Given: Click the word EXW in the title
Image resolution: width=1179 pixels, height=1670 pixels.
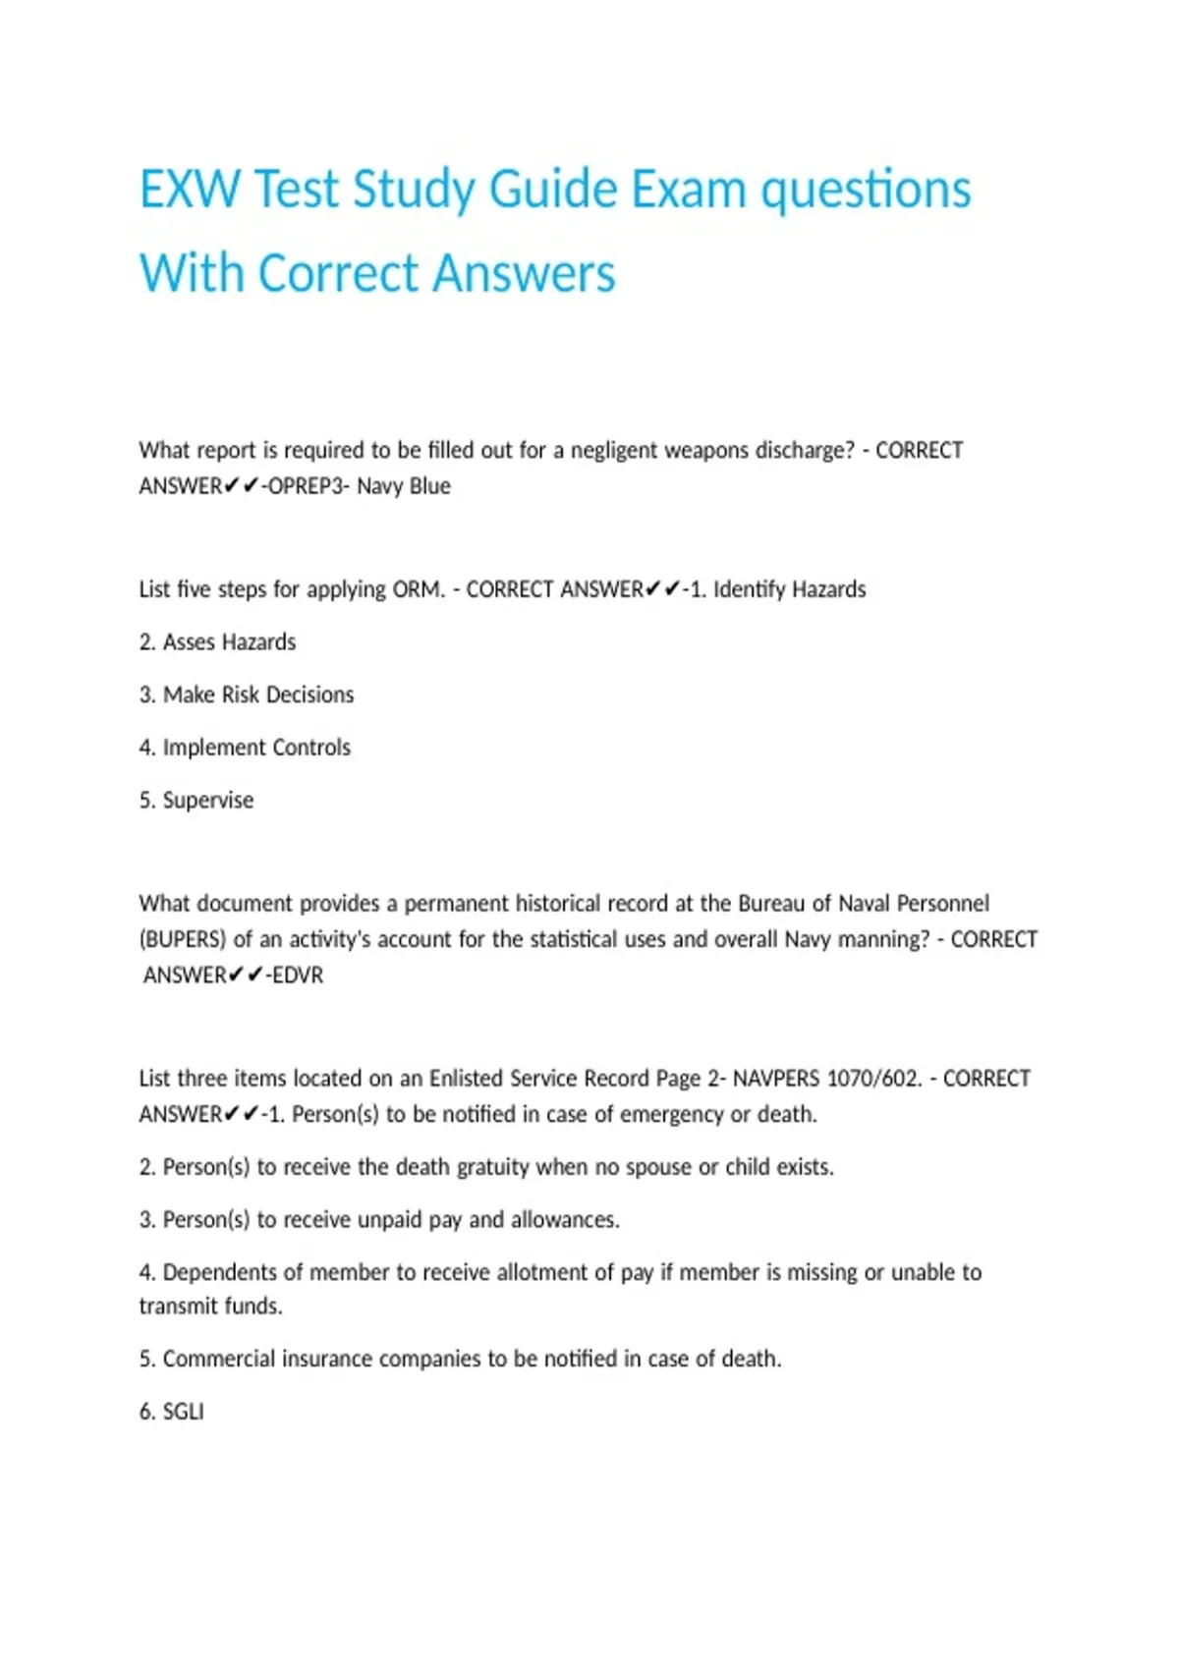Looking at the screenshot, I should pos(190,190).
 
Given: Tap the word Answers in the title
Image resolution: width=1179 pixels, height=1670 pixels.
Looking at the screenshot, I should pos(524,273).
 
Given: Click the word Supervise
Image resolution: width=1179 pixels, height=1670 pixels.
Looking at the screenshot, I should pos(208,801).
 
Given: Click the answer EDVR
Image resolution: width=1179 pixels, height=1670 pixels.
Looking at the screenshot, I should pos(298,975).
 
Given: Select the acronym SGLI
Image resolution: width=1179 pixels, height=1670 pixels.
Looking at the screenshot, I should pos(184,1412).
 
